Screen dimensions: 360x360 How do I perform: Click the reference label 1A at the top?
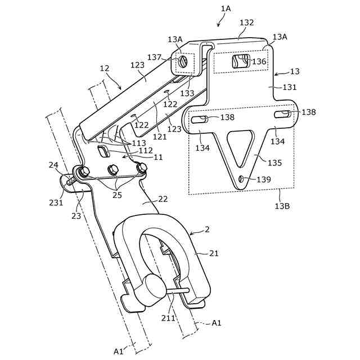pos(226,8)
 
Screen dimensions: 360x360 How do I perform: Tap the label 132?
pos(246,23)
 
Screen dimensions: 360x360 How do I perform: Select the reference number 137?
pos(154,57)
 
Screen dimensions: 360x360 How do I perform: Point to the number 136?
pos(259,61)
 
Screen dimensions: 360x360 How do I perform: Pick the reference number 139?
pos(264,180)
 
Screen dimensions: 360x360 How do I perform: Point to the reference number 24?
pos(53,165)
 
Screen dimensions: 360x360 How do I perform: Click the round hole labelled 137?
pos(183,61)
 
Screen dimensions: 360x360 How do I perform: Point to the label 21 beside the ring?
pos(214,254)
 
